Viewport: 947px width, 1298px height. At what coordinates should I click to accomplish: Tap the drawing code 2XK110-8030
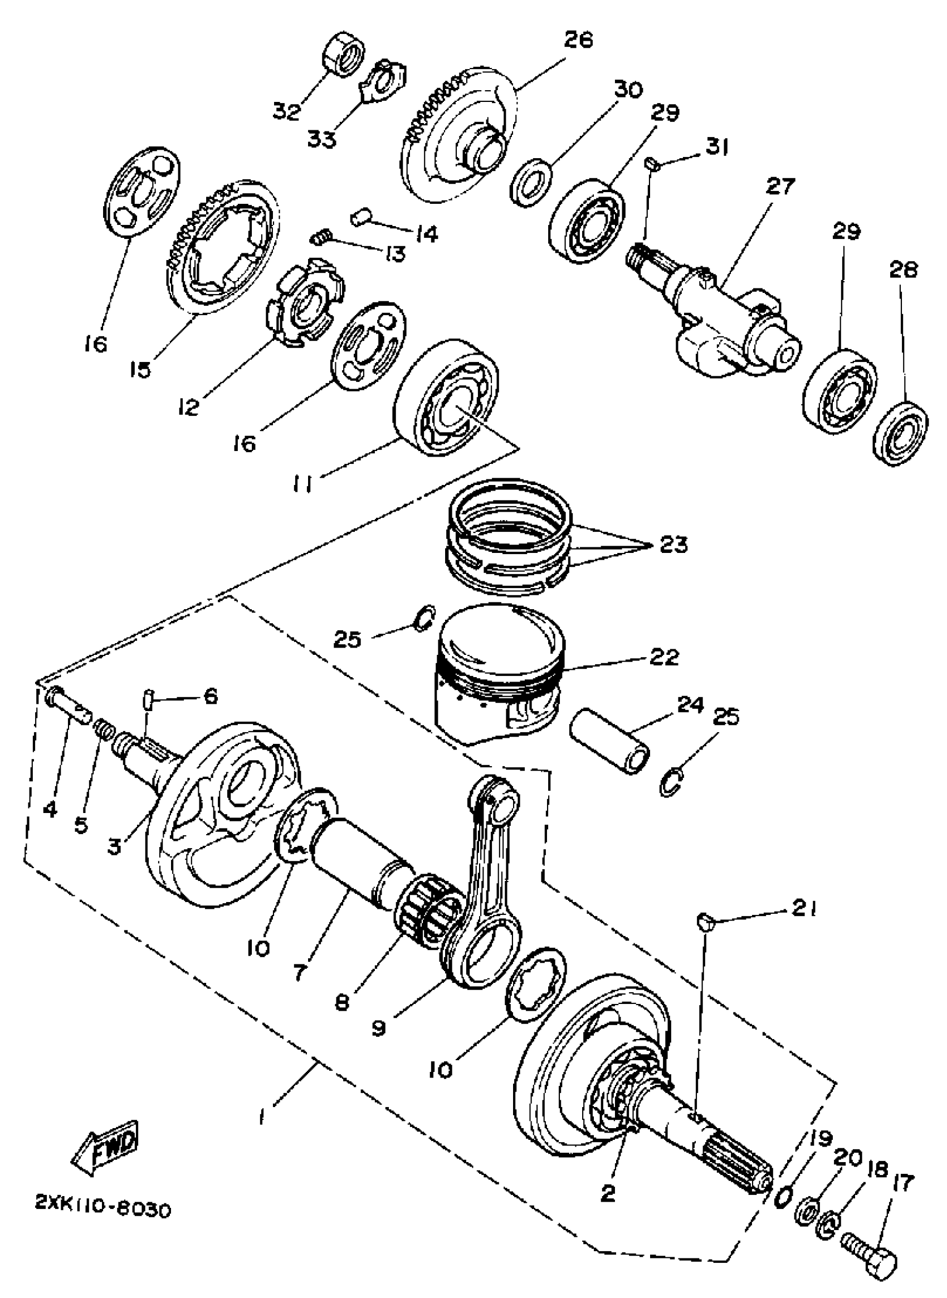pyautogui.click(x=103, y=1211)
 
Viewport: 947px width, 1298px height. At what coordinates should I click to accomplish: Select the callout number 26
pyautogui.click(x=578, y=41)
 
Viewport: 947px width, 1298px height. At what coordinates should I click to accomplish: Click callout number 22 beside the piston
pyautogui.click(x=664, y=657)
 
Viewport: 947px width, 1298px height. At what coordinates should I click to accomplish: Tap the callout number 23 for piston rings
pyautogui.click(x=673, y=545)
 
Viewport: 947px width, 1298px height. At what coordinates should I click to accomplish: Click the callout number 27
pyautogui.click(x=780, y=187)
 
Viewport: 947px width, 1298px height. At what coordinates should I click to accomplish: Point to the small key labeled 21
pyautogui.click(x=706, y=922)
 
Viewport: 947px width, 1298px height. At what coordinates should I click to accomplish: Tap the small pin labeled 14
pyautogui.click(x=360, y=218)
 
